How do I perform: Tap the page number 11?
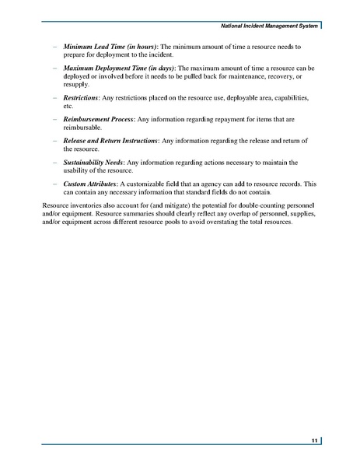tap(313, 440)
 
